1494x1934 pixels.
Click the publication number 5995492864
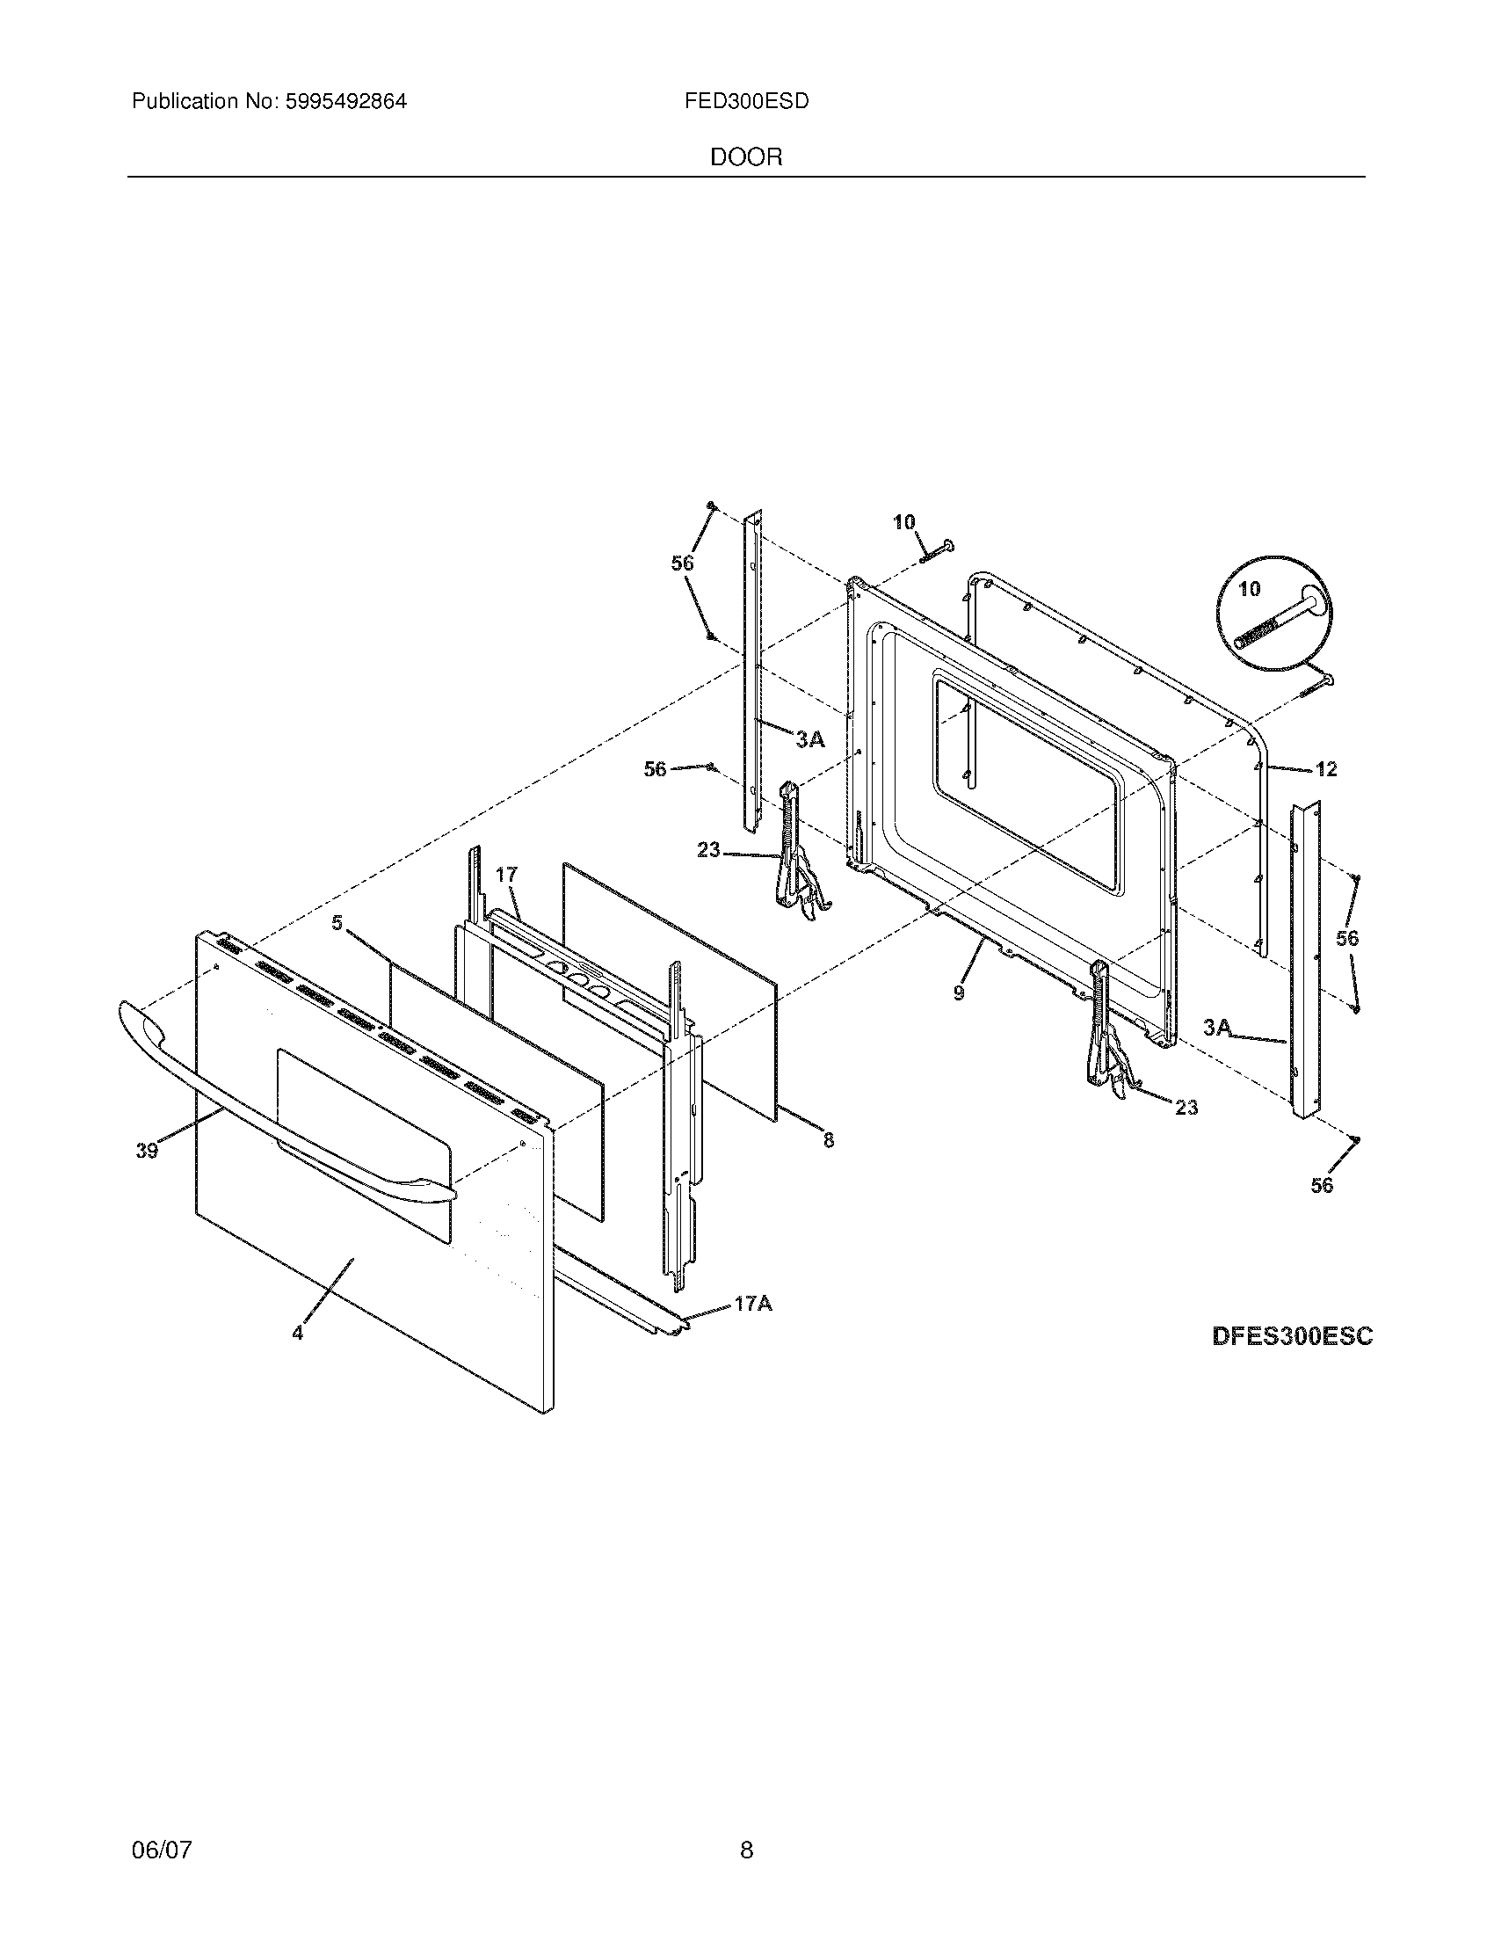click(x=345, y=102)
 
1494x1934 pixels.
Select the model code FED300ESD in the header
click(x=746, y=102)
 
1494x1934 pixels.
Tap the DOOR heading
click(x=746, y=157)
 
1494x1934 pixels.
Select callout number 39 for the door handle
click(x=147, y=1151)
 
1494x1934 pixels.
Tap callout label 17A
click(x=752, y=1305)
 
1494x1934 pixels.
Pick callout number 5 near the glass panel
click(x=337, y=923)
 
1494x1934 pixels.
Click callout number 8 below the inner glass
click(x=829, y=1140)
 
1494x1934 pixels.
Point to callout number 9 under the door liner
click(x=960, y=993)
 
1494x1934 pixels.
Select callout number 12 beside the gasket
click(x=1326, y=769)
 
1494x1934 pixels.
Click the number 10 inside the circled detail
click(x=1249, y=589)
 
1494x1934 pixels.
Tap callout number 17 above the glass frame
click(x=505, y=875)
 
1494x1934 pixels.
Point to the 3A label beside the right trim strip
click(x=1217, y=1027)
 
